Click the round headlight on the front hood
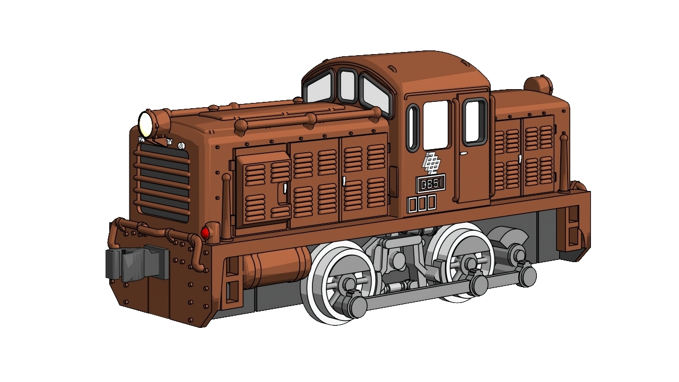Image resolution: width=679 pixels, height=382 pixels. [x=146, y=124]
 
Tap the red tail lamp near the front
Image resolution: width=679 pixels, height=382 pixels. [x=205, y=232]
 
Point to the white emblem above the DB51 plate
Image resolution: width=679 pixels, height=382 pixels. [x=431, y=162]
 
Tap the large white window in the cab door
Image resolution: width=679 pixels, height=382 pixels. [x=436, y=124]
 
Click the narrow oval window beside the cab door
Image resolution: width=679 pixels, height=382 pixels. [x=413, y=128]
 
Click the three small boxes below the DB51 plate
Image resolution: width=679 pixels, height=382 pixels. [x=422, y=203]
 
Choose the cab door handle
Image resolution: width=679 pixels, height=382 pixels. [x=464, y=153]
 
